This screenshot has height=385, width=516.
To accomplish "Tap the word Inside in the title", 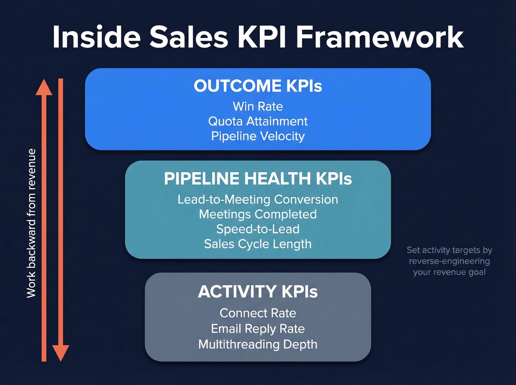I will [97, 37].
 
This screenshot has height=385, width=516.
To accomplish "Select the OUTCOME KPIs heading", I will [258, 86].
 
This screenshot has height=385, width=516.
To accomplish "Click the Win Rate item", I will [258, 106].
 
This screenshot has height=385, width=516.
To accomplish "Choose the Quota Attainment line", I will [258, 121].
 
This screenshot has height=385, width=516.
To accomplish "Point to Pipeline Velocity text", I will [258, 136].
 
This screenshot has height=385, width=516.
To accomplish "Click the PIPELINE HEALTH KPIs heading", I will [258, 179].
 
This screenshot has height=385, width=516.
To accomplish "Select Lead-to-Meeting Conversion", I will [258, 199].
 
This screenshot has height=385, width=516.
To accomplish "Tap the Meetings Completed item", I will [258, 214].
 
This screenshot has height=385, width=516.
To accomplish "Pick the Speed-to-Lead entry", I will [258, 229].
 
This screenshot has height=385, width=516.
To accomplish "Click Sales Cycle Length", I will [258, 244].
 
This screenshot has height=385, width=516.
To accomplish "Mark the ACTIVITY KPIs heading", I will [258, 292].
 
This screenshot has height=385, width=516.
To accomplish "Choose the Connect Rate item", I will [258, 313].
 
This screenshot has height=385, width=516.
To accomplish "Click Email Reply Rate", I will [258, 329].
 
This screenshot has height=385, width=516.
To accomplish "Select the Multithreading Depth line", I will [258, 344].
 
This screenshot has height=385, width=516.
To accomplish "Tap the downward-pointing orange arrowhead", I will [61, 353].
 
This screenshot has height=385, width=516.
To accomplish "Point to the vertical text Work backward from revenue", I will [31, 223].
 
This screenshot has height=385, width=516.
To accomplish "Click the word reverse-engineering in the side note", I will [449, 261].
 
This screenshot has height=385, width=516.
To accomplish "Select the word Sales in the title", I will [189, 37].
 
